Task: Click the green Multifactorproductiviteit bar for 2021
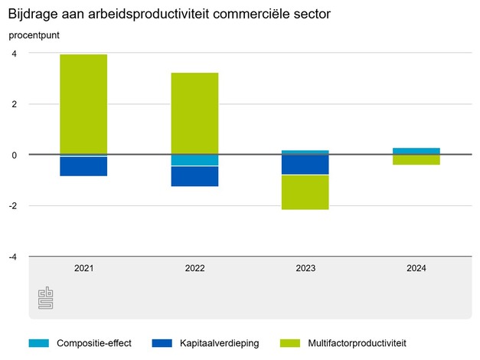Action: tap(83, 104)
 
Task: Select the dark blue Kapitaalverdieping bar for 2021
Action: tap(83, 166)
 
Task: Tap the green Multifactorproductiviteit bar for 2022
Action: tap(194, 113)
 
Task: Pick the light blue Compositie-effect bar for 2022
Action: tap(194, 160)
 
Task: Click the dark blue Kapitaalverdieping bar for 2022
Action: tap(194, 176)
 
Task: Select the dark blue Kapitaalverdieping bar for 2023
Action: tap(305, 165)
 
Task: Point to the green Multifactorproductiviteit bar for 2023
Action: tap(305, 192)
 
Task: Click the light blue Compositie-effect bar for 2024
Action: tap(416, 151)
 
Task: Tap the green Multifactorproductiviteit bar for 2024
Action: tap(416, 160)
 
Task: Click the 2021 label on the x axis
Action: tap(83, 269)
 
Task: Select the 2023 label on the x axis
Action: tap(305, 269)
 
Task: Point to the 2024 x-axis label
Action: tap(416, 269)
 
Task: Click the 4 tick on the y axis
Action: tap(14, 53)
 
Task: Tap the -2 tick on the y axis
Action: tap(12, 205)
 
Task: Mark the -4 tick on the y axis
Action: tap(12, 257)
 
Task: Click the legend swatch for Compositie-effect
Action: tap(38, 342)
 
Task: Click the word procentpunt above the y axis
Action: tap(34, 35)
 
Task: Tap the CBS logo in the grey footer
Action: tap(45, 299)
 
